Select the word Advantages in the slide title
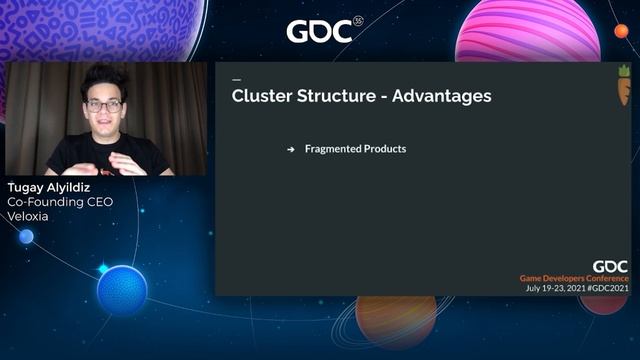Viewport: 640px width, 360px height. coord(441,97)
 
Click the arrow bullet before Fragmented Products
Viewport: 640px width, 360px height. coord(291,149)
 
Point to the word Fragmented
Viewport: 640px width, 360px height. coord(335,149)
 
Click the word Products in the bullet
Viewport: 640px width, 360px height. coord(386,149)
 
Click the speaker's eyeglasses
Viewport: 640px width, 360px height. coord(104,105)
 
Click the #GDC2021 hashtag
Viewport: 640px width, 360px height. coord(607,288)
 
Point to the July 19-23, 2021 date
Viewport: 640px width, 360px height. coord(554,288)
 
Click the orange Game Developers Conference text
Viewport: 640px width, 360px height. coord(573,278)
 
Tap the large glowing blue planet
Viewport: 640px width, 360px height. coord(122,290)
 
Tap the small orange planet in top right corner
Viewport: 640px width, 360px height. coord(621,31)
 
